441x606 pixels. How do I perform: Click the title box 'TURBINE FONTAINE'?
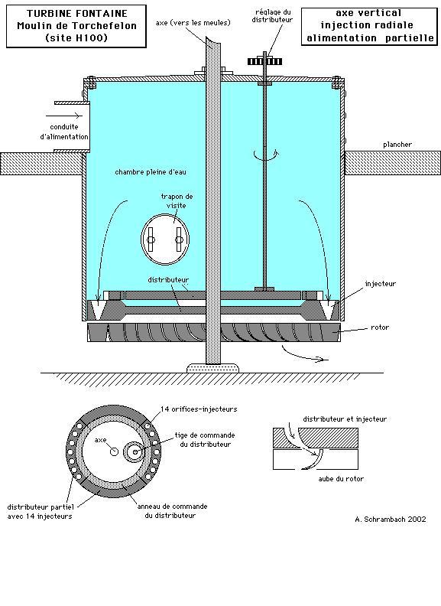point(76,26)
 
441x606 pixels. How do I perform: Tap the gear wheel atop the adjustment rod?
point(265,61)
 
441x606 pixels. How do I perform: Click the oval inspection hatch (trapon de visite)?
point(165,239)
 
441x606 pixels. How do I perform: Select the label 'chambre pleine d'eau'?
point(151,172)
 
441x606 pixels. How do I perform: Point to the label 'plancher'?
point(397,145)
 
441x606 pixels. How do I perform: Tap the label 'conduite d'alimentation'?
point(64,132)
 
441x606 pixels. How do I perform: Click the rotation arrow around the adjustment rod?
point(266,155)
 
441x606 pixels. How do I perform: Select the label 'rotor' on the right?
point(380,327)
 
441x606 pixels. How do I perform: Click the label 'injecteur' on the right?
point(381,284)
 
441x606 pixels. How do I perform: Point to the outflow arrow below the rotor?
point(305,353)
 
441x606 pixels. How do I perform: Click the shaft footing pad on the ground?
point(212,367)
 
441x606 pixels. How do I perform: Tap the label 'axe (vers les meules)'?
point(193,23)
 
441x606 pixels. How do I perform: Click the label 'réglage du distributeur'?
point(272,16)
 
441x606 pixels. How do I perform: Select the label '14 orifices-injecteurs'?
point(199,409)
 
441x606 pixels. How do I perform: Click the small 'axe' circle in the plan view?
point(114,451)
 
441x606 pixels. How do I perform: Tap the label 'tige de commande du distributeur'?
point(205,440)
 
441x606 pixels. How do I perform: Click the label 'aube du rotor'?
point(341,479)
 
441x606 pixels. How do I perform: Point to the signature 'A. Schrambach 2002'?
point(391,519)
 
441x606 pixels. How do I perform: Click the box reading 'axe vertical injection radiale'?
point(369,26)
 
